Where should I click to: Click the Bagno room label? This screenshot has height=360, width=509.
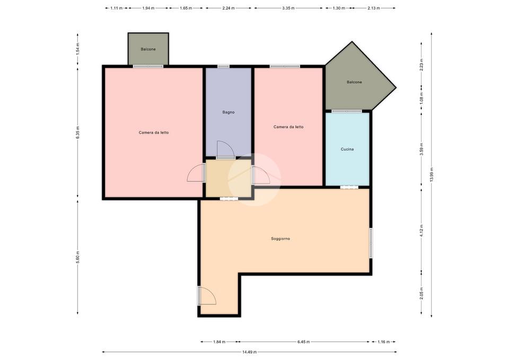tap(228, 112)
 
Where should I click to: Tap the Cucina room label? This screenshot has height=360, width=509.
tap(347, 150)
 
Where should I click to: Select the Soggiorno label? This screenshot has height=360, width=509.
tap(280, 239)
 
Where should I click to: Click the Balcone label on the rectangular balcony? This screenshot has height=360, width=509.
tap(148, 49)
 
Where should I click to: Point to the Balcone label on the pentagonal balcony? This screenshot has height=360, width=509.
tap(354, 82)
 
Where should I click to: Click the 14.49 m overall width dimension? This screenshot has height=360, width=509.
tap(250, 352)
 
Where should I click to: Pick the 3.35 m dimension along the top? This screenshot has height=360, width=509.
tap(288, 8)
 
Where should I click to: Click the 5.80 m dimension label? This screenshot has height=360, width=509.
tap(77, 257)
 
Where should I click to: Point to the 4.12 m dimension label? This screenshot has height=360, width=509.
tap(422, 231)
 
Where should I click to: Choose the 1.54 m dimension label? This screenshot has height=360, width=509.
tap(77, 49)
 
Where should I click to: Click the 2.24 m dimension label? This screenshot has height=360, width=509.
tap(228, 8)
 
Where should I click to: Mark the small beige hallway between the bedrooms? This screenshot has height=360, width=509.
tap(228, 178)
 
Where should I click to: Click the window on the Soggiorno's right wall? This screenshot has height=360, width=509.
tap(371, 243)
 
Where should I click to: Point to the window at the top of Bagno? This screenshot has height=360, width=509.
tap(223, 67)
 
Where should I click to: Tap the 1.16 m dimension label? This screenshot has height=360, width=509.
tap(383, 342)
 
